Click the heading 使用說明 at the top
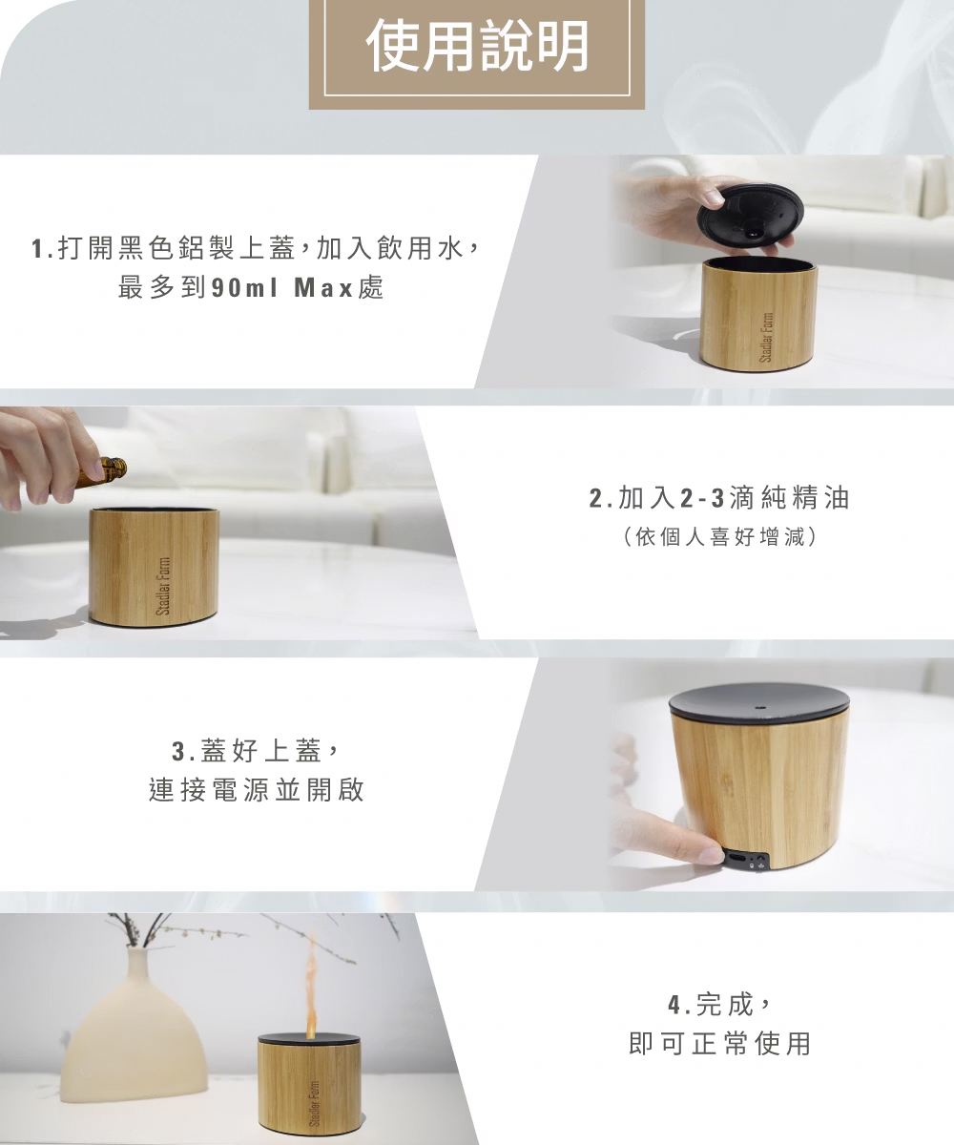click(477, 47)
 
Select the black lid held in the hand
click(746, 219)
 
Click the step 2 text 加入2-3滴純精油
click(719, 498)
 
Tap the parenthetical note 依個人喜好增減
click(719, 537)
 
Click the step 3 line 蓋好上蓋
click(255, 751)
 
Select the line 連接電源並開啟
click(257, 790)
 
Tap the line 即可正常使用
click(719, 1043)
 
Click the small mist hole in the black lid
click(759, 707)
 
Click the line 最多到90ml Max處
click(251, 288)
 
